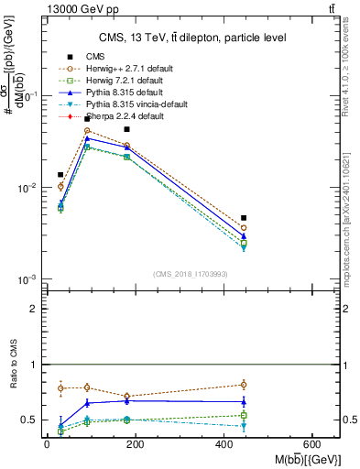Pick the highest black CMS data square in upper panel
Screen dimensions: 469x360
(87, 119)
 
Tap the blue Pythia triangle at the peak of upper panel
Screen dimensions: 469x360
(87, 138)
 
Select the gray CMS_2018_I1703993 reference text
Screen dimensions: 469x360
(191, 274)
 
